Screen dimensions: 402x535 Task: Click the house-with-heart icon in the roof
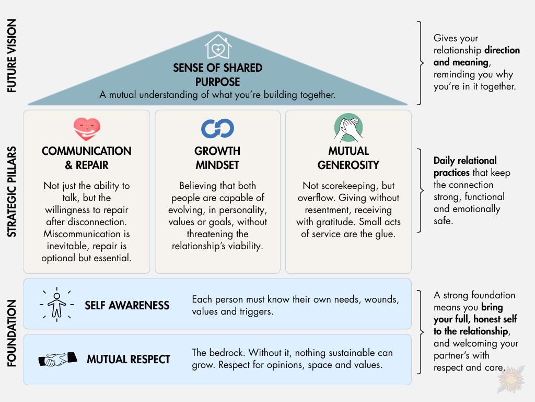click(218, 47)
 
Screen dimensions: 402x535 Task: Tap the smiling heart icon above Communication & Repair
click(87, 128)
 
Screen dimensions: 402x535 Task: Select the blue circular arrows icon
click(217, 128)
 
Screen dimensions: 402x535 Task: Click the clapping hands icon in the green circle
click(348, 128)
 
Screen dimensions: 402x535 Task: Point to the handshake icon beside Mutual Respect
click(57, 359)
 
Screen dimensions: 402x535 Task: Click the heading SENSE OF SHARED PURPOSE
click(218, 75)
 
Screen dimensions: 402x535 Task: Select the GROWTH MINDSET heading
click(217, 158)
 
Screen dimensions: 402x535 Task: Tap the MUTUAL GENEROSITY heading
click(348, 158)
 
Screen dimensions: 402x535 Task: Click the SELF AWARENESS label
click(127, 305)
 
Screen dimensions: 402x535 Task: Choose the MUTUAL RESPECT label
click(129, 359)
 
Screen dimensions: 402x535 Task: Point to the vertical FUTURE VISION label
click(12, 56)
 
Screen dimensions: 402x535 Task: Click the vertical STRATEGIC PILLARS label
click(12, 191)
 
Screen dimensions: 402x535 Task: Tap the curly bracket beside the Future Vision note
click(421, 63)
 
